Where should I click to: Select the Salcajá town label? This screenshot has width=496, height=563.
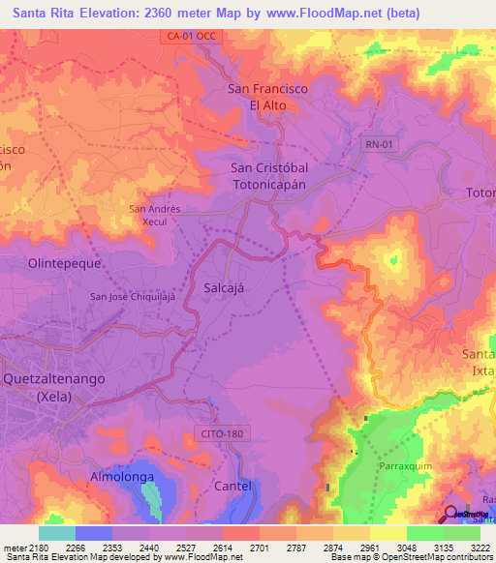[x=229, y=288]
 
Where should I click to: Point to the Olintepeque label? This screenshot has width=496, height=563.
[x=65, y=262]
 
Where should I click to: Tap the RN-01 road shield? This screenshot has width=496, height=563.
[x=381, y=144]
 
